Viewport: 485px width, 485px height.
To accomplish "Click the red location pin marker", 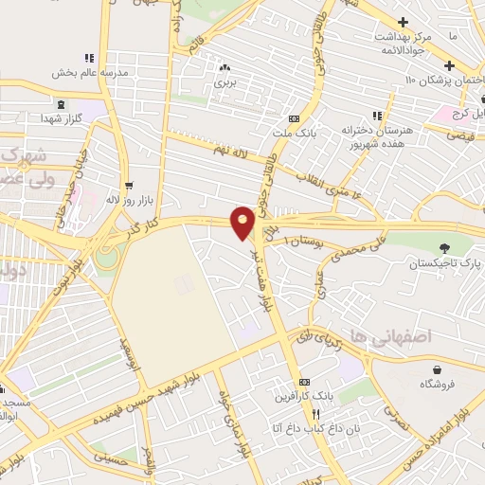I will click(242, 222).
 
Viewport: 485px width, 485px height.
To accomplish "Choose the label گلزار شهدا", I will click(61, 117).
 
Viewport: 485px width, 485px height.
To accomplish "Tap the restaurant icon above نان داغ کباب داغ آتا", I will click(316, 414).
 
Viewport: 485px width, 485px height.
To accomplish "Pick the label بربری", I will click(225, 83).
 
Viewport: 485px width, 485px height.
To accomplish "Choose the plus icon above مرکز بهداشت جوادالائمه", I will click(404, 22).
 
